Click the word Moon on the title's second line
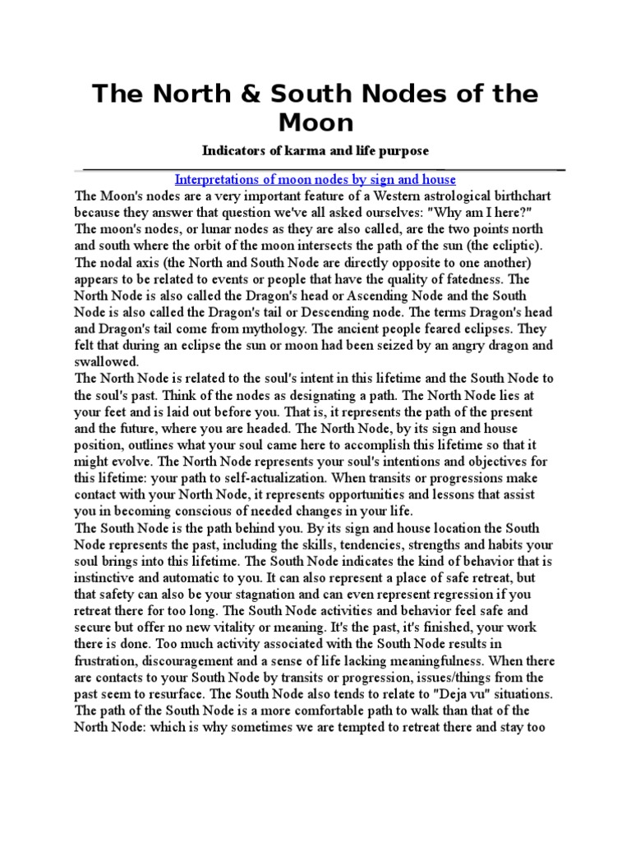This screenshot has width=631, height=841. click(315, 123)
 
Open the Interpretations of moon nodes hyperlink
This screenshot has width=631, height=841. click(315, 179)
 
